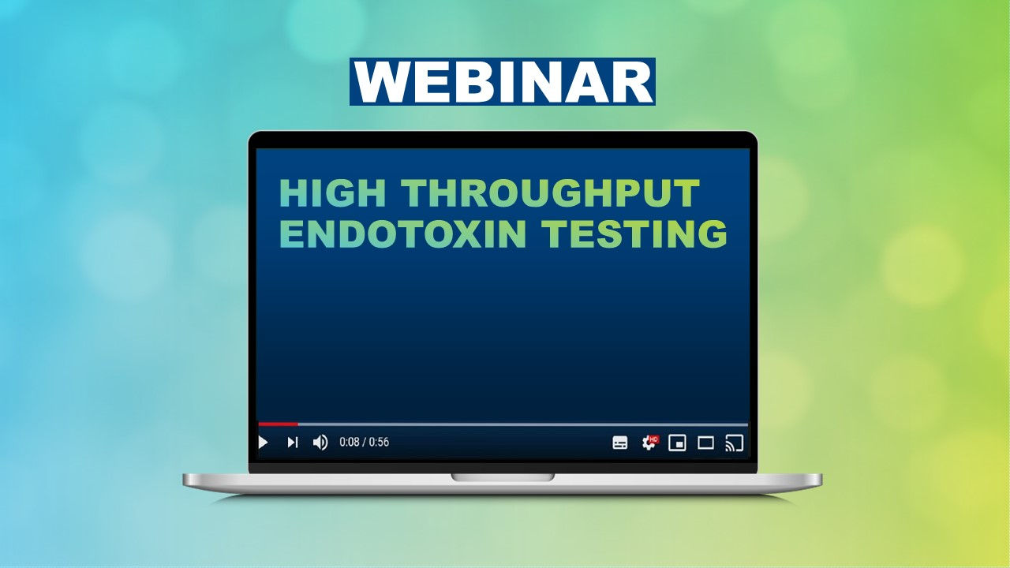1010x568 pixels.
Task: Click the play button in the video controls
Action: click(x=264, y=443)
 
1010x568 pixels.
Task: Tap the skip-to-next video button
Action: click(x=292, y=443)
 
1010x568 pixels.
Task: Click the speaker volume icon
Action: click(x=320, y=443)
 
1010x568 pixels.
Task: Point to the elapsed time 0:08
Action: click(x=349, y=443)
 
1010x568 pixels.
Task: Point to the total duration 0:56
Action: click(x=380, y=443)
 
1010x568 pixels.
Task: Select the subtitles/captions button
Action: click(x=620, y=443)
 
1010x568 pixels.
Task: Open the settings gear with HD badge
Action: click(x=649, y=443)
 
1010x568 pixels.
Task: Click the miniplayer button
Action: click(x=677, y=443)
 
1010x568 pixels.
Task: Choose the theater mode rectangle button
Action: click(x=705, y=443)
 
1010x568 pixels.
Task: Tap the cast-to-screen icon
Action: click(x=734, y=443)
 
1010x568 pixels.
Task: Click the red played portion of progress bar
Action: click(x=278, y=424)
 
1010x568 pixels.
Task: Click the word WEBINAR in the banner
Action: click(x=502, y=81)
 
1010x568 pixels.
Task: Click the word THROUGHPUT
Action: click(x=551, y=194)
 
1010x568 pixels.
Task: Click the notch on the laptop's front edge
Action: click(x=503, y=477)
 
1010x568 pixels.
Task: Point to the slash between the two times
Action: click(x=364, y=443)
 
